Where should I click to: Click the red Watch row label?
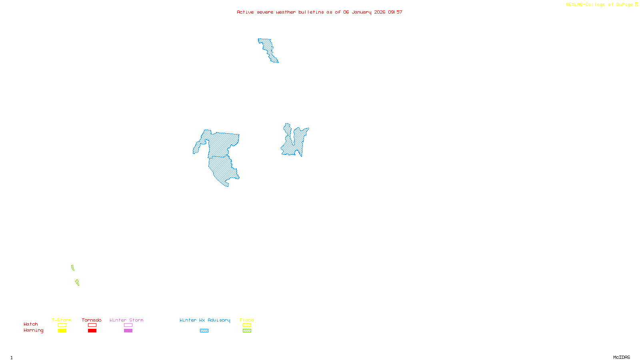31,324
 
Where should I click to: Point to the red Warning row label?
33,330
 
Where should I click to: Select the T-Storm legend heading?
62,320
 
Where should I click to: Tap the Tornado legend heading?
92,320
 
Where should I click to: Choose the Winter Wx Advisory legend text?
205,320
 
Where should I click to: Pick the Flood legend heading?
247,320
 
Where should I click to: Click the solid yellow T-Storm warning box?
62,331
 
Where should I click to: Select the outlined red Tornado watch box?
92,325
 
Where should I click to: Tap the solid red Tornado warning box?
92,331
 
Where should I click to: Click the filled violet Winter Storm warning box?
128,331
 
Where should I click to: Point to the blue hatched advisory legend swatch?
204,331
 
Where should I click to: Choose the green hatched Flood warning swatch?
247,331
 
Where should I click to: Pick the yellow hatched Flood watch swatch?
247,325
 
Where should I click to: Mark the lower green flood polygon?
77,282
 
